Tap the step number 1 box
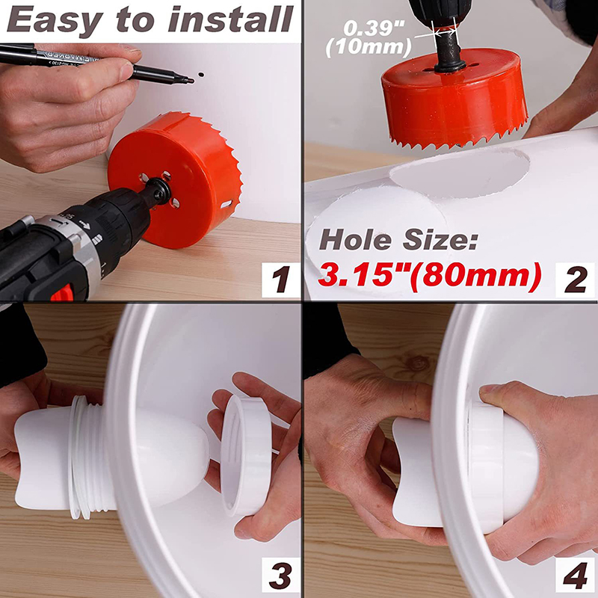coord(281,280)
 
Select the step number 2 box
coord(575,280)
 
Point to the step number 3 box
coord(281,575)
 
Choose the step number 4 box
coord(575,575)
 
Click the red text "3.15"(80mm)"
coord(429,274)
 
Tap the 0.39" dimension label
coord(374,28)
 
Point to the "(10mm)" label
coord(369,47)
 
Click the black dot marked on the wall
coord(201,75)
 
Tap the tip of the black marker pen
coord(192,81)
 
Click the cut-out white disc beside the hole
coord(377,225)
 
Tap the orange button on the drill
coord(63,292)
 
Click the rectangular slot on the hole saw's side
coord(226,204)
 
